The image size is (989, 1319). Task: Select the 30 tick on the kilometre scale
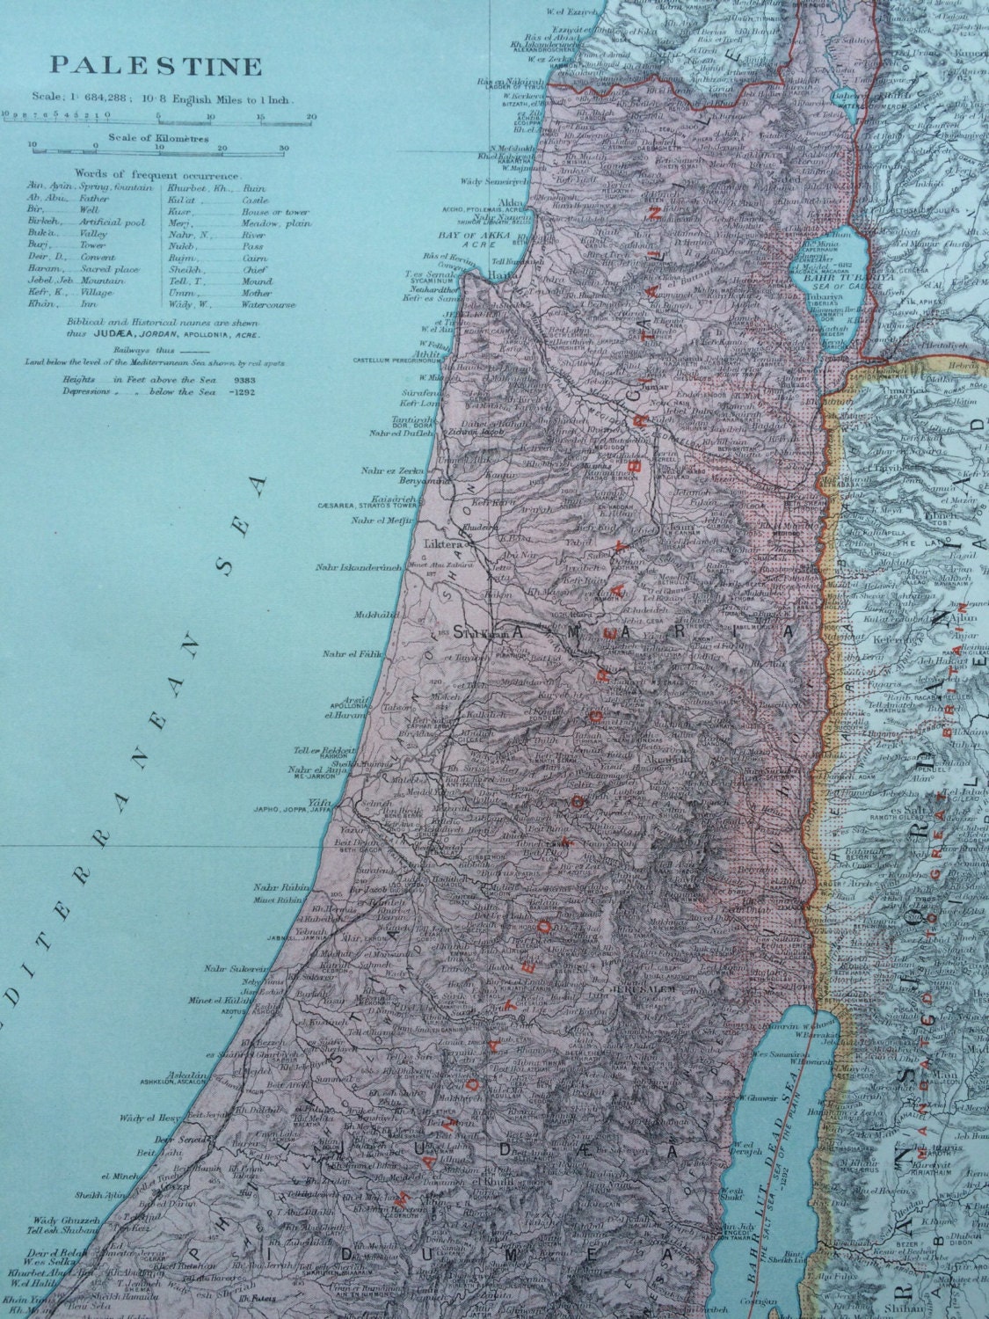pos(283,148)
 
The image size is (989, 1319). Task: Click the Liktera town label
pos(443,543)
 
